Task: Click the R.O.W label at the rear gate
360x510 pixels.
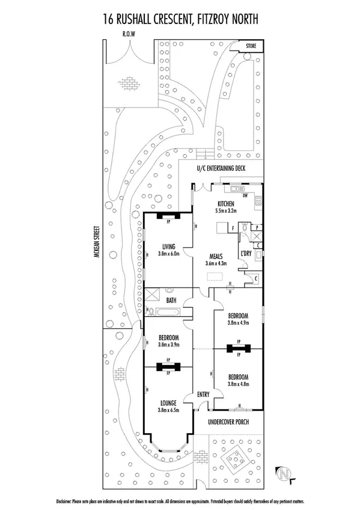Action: tap(128, 34)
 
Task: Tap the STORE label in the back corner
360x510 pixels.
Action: tap(251, 45)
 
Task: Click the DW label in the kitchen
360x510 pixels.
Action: tap(245, 196)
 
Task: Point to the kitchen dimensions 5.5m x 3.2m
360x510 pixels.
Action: tap(226, 211)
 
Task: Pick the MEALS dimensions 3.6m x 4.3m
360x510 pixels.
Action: tap(213, 263)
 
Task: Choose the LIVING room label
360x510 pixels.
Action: tap(168, 245)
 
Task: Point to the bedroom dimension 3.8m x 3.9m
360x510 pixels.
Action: tap(167, 345)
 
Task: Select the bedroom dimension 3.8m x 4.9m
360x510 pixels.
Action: tap(239, 322)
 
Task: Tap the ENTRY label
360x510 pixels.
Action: tap(204, 395)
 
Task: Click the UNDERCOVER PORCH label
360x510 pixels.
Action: tap(228, 422)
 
